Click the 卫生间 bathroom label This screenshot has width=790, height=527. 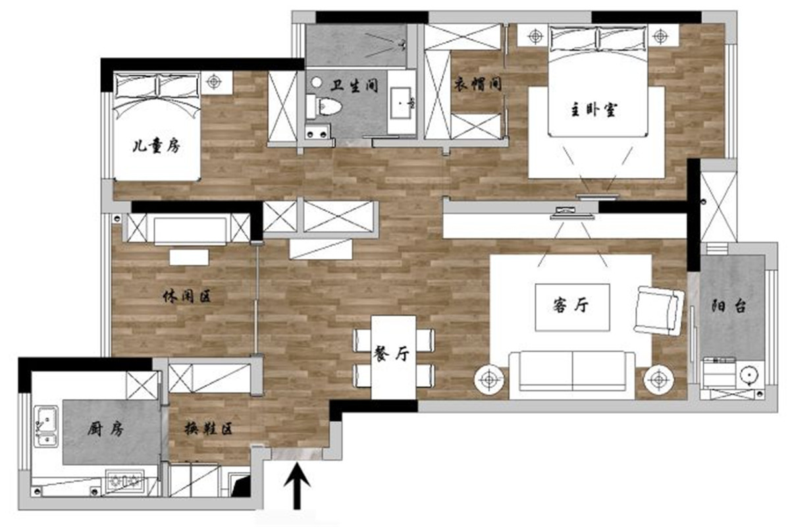(354, 86)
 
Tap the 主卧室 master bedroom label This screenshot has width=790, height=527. (594, 110)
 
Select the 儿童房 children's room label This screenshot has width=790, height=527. (156, 146)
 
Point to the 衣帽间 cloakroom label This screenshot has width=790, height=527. (477, 85)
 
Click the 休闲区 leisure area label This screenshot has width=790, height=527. (187, 296)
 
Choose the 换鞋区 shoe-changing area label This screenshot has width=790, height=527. (209, 429)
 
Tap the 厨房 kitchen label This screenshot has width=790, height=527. (106, 430)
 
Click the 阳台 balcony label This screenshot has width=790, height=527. (729, 306)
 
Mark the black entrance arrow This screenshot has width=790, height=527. (298, 486)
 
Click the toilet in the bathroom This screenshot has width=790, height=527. (325, 106)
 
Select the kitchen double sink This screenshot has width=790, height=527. (46, 426)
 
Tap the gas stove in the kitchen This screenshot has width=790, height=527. (125, 480)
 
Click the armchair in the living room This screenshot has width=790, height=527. (658, 311)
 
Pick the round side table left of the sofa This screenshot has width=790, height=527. (489, 380)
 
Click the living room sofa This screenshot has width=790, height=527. (572, 375)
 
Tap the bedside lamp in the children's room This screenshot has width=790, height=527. (213, 82)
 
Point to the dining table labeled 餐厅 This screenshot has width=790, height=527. (394, 357)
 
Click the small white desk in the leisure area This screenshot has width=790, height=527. (189, 257)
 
